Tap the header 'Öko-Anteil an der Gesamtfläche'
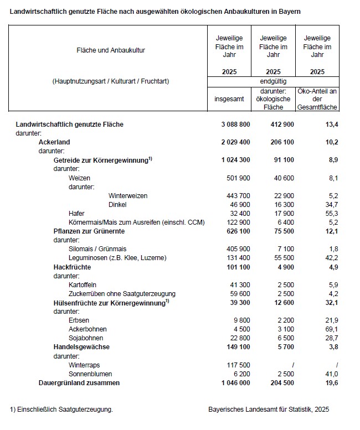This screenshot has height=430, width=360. (317, 99)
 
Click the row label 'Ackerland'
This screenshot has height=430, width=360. (54, 142)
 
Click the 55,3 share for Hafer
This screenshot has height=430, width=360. (331, 214)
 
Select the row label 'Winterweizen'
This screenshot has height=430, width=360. (128, 196)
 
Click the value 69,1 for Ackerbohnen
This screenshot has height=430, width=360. (331, 329)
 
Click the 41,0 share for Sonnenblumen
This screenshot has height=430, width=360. (331, 374)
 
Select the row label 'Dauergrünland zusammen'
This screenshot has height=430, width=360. (79, 383)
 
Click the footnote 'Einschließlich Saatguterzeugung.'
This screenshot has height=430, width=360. (63, 410)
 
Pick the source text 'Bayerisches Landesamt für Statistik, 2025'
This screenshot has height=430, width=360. (269, 410)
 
